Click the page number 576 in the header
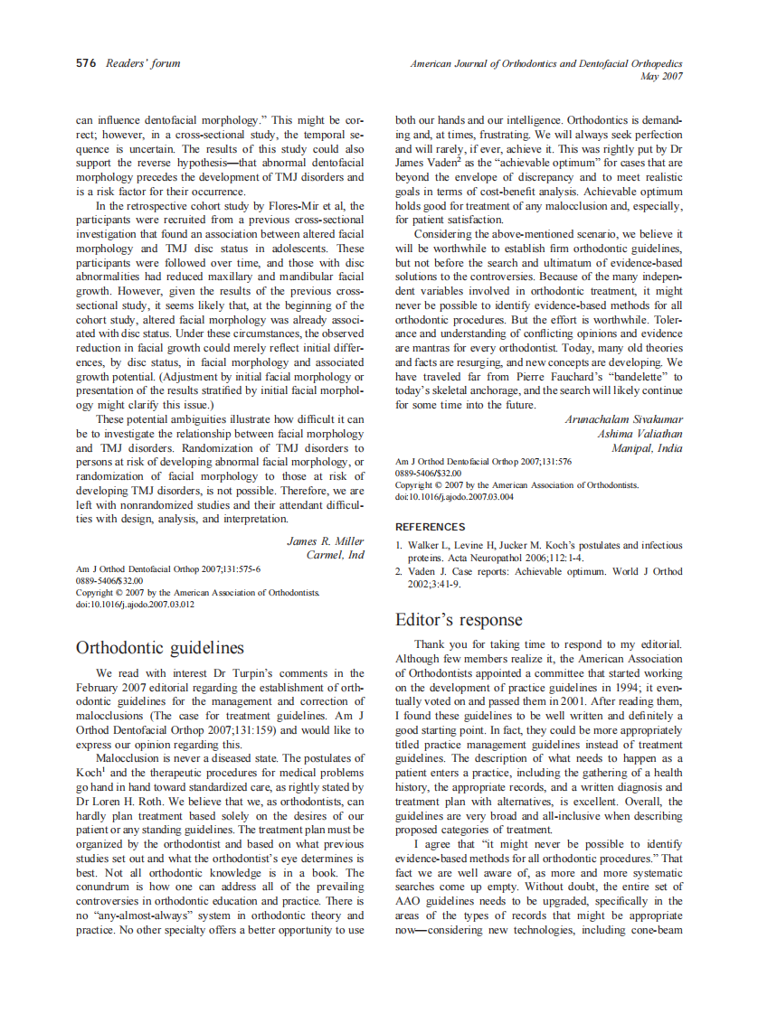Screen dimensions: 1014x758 click(x=87, y=63)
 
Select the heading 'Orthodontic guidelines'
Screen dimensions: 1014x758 click(x=160, y=648)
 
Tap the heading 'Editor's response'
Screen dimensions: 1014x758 click(x=459, y=620)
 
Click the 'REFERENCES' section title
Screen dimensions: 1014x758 click(x=431, y=526)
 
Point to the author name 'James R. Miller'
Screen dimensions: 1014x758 click(x=326, y=541)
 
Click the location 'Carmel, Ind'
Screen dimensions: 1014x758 click(x=336, y=555)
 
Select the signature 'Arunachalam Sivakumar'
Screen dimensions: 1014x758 click(x=623, y=420)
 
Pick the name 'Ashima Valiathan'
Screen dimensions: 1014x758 click(x=640, y=435)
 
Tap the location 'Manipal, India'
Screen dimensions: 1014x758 click(x=647, y=449)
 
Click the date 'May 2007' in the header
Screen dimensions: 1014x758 click(x=661, y=77)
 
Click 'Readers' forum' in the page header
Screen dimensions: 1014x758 click(x=143, y=63)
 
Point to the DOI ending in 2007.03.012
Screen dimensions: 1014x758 click(x=135, y=605)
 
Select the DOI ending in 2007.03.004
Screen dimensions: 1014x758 click(x=454, y=496)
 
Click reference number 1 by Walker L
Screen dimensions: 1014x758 click(x=539, y=551)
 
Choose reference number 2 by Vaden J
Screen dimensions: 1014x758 click(x=539, y=577)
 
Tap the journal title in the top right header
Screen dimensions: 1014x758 click(x=545, y=63)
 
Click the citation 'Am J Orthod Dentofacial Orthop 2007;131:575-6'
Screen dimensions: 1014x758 click(x=168, y=569)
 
